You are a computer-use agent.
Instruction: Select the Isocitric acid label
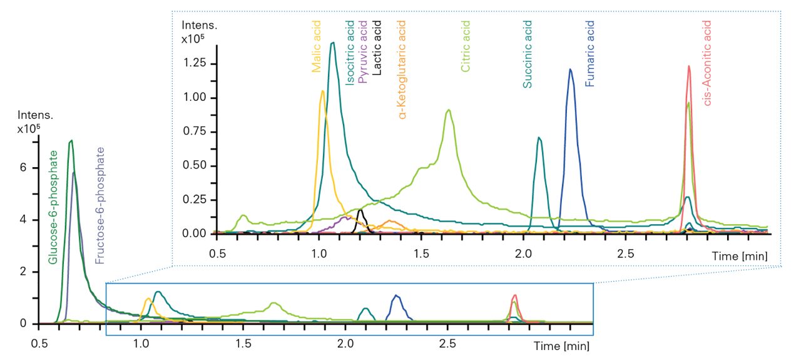tap(350, 53)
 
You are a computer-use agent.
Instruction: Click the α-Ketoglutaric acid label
tap(402, 69)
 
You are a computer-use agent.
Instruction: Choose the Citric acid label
tap(465, 47)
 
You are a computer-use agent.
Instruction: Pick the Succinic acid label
tap(528, 54)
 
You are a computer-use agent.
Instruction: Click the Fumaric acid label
tap(589, 53)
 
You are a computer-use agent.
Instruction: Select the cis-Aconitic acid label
tap(707, 63)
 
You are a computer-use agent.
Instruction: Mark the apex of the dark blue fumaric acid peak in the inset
tap(570, 69)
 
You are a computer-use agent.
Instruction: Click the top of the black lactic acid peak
tap(360, 210)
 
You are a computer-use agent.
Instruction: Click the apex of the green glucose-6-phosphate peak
tap(71, 140)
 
